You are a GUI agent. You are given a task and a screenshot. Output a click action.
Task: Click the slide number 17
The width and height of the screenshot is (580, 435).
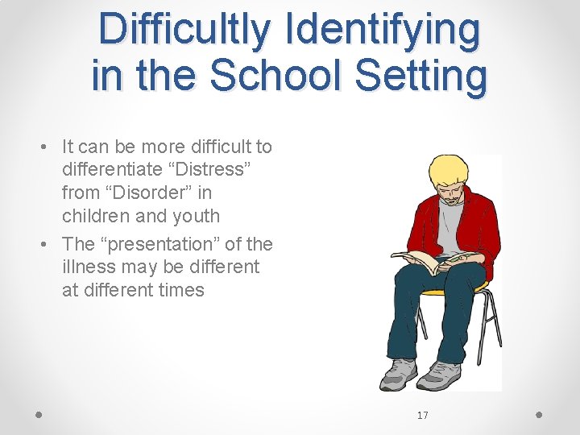423,416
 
